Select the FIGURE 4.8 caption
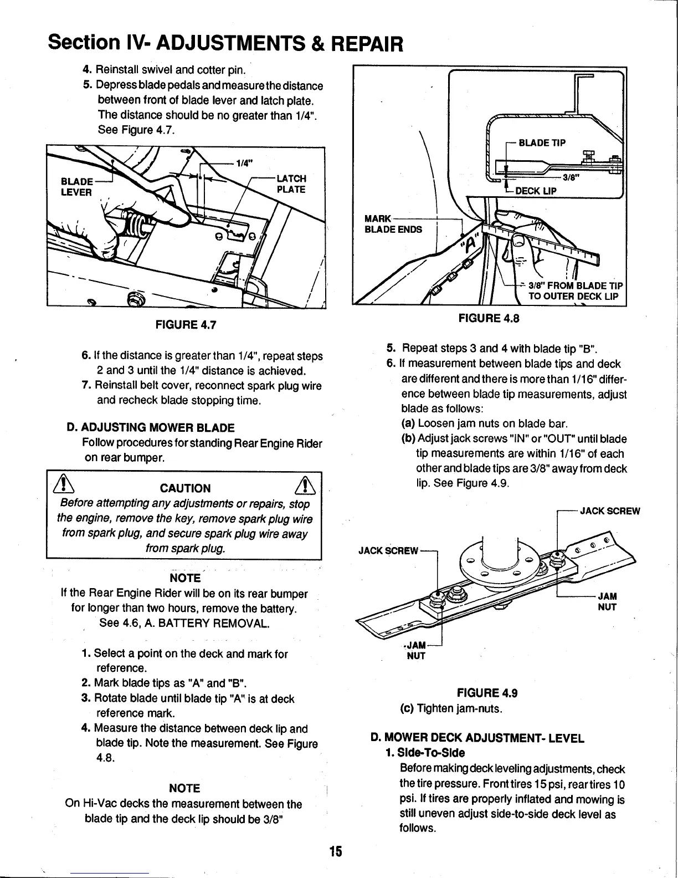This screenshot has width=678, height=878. [x=488, y=318]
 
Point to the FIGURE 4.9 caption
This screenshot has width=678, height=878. [x=487, y=693]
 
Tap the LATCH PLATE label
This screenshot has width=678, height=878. [x=291, y=183]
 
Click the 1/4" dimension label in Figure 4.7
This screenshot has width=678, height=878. [x=244, y=163]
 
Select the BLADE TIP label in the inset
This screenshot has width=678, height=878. [x=542, y=142]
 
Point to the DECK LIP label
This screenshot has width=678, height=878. [x=536, y=191]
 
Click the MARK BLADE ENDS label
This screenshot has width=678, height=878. [x=393, y=223]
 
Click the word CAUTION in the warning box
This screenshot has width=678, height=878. [x=185, y=488]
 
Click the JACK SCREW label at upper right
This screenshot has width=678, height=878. [x=609, y=511]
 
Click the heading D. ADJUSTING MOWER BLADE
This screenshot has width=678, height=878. [x=150, y=427]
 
